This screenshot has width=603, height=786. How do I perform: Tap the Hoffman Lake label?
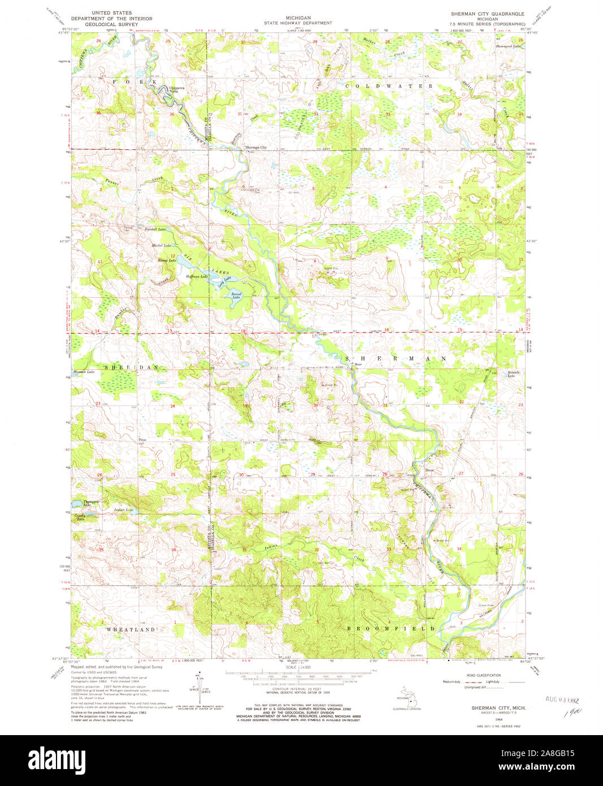point(195,277)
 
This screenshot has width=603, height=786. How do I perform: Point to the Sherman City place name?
point(255,148)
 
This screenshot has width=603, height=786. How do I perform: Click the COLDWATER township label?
point(389,86)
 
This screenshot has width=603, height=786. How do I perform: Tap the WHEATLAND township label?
point(131,629)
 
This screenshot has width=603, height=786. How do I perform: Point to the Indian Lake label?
point(124,510)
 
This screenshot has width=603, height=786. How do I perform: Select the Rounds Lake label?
point(511,375)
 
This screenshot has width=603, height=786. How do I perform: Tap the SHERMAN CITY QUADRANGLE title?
point(487,12)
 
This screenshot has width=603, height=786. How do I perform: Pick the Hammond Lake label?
point(508,46)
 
